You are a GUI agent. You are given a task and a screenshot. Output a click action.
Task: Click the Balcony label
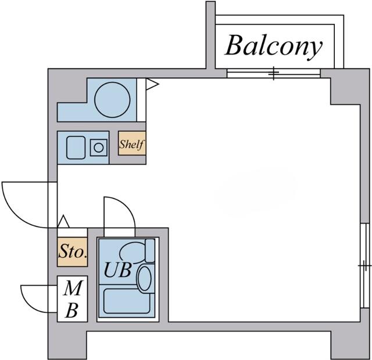pyautogui.click(x=273, y=46)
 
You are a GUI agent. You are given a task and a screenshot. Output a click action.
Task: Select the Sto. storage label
pyautogui.click(x=72, y=253)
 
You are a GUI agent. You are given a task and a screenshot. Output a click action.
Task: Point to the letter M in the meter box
pyautogui.click(x=72, y=288)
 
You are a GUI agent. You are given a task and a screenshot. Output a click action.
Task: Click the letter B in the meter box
pyautogui.click(x=71, y=310)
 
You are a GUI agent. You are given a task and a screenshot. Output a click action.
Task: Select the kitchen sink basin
pyautogui.click(x=76, y=147)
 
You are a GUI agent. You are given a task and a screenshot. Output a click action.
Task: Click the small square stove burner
pyautogui.click(x=99, y=147)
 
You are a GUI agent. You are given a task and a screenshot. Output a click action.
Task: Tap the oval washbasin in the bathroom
pyautogui.click(x=144, y=278)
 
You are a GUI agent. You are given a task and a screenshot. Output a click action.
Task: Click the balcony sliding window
pyautogui.click(x=273, y=73)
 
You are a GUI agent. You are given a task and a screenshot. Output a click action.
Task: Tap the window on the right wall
pyautogui.click(x=364, y=265)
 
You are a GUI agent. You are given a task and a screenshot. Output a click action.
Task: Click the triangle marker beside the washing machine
pyautogui.click(x=151, y=85)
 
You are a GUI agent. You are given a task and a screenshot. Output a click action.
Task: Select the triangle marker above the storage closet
pyautogui.click(x=64, y=221)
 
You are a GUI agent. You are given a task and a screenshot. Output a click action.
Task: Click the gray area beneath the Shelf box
pyautogui.click(x=128, y=160)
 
